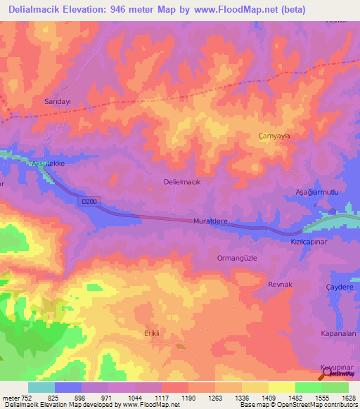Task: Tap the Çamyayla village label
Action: pos(274,136)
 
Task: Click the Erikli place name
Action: pos(153,332)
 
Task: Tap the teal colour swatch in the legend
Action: pos(41,387)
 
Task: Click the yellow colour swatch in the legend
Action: pos(282,387)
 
